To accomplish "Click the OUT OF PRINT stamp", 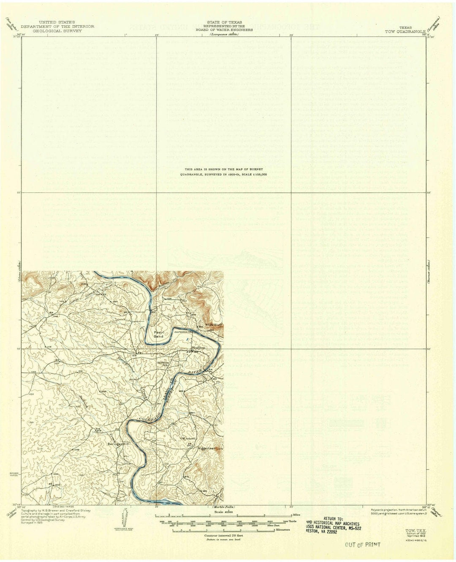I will (362, 544).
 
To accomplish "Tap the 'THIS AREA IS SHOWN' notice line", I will (224, 169).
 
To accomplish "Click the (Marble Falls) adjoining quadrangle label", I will (222, 506).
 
